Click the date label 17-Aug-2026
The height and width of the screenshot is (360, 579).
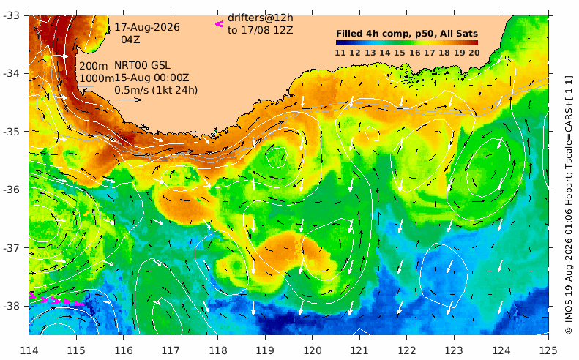coord(147,27)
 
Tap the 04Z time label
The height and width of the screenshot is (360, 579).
coord(130,40)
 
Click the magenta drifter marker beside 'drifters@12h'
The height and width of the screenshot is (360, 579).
coord(220,24)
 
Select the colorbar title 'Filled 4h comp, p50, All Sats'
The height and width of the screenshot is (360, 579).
coord(407,34)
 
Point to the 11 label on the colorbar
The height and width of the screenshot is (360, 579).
coord(340,53)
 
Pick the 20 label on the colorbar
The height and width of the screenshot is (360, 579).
coord(474,53)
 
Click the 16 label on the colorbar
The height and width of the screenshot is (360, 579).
coord(415,53)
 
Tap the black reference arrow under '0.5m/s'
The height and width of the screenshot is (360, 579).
coord(130,100)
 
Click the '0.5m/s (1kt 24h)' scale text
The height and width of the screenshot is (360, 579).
coord(156,90)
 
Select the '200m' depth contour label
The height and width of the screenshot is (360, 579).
coord(94,66)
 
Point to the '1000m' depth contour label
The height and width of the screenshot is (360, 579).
coord(97,78)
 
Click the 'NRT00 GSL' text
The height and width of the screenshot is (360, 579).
coord(142,65)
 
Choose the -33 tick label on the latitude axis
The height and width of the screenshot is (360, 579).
coord(12,15)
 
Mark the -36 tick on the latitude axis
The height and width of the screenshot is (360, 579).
coord(12,190)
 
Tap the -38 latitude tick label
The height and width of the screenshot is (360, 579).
coord(12,306)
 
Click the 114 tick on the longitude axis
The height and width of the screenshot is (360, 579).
coord(29,350)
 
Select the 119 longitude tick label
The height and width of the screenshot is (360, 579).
coord(265,350)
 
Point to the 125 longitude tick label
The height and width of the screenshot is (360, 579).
coord(548,350)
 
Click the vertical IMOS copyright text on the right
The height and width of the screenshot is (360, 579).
coord(569,205)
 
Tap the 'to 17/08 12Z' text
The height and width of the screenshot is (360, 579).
coord(261,30)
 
